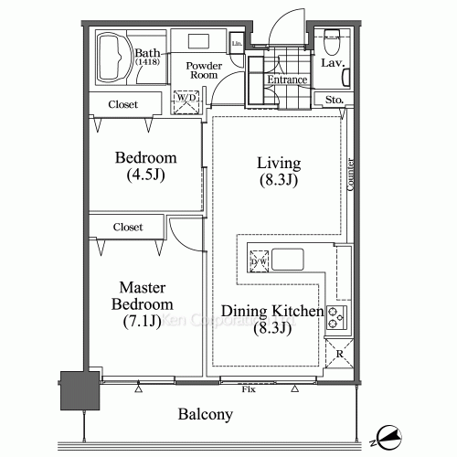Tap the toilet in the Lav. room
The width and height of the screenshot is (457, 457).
point(331,42)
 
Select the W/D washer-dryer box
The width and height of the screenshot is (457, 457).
point(187,101)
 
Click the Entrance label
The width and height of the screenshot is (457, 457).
point(285,80)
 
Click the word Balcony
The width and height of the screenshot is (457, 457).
point(205,414)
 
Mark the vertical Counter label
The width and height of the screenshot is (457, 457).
point(352,173)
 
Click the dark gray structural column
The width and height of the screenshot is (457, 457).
point(77,391)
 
